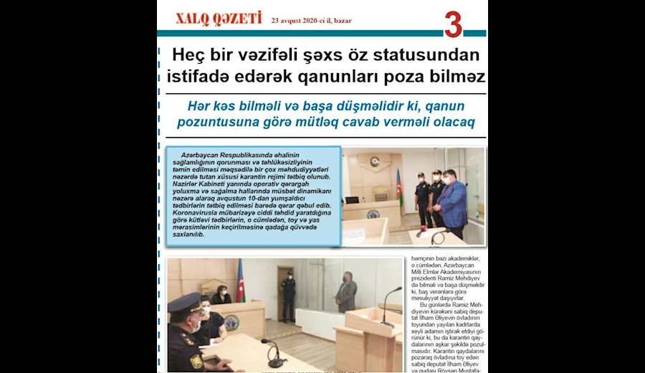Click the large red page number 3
[x=453, y=24]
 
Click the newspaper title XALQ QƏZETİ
[x=219, y=19]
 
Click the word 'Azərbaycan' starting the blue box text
[x=203, y=156]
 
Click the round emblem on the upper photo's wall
[x=375, y=161]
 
